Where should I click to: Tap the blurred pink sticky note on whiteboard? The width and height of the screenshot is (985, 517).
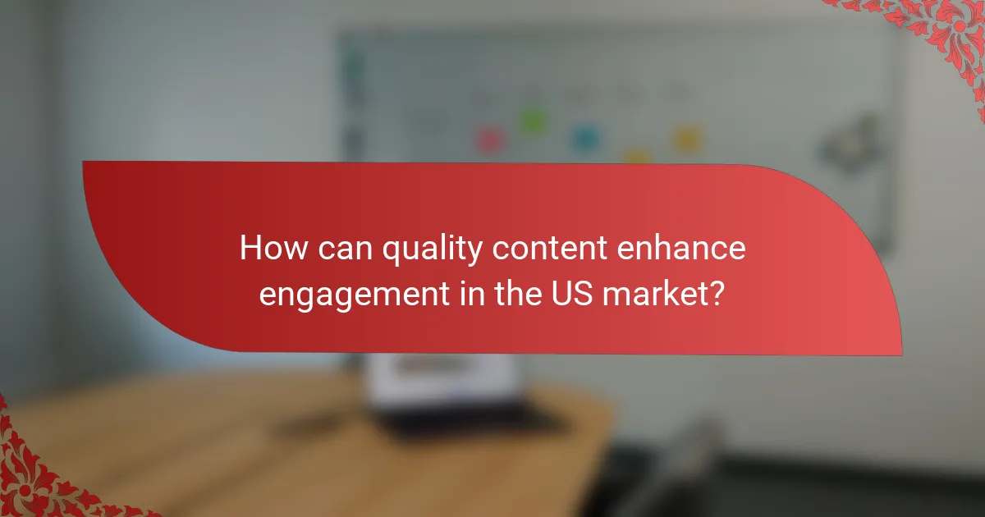490,140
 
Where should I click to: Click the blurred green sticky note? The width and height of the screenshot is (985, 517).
533,122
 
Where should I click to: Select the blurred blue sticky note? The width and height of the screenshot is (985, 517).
584,137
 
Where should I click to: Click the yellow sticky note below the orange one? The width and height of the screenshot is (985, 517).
636,156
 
